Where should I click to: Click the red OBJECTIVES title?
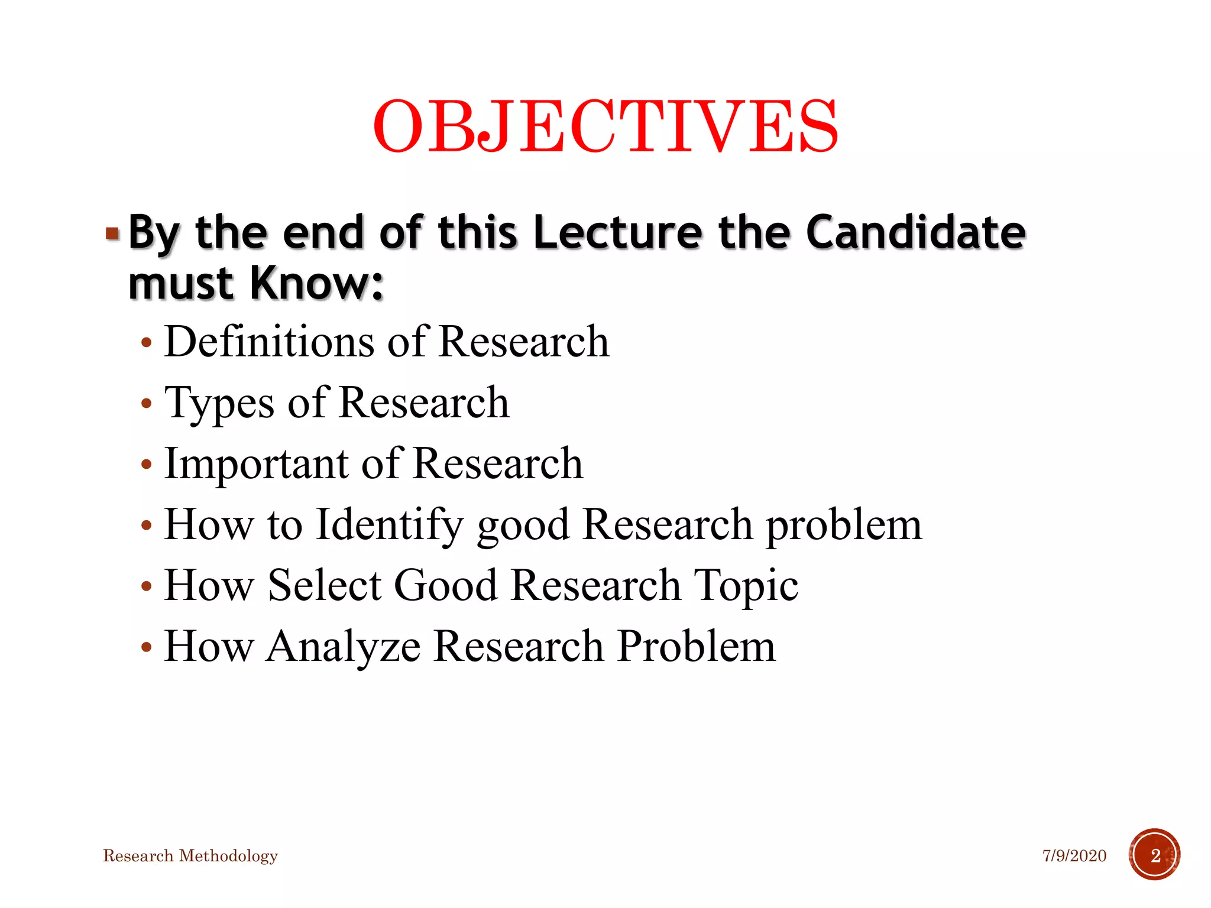(x=605, y=126)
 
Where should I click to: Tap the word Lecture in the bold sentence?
(x=617, y=232)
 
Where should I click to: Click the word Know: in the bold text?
(x=317, y=284)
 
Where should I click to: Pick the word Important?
(x=256, y=464)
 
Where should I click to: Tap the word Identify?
(x=389, y=526)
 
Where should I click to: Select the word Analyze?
(x=343, y=646)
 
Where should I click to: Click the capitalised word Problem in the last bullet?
(x=696, y=646)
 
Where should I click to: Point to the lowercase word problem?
(x=844, y=526)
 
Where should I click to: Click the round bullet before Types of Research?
(x=147, y=404)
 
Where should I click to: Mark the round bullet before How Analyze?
(x=147, y=647)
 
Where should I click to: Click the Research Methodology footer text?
(x=190, y=855)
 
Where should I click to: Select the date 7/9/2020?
(x=1074, y=855)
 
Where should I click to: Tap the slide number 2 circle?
(x=1154, y=855)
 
